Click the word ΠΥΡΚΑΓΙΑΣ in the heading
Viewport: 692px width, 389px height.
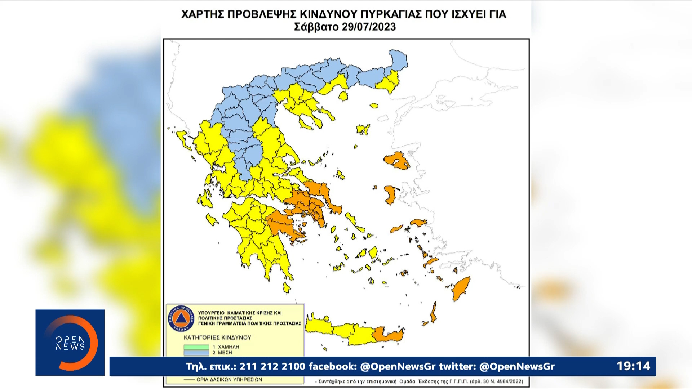click(x=391, y=14)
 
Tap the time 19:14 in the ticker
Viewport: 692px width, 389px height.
click(x=633, y=366)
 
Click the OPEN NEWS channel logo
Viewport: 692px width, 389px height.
click(x=70, y=343)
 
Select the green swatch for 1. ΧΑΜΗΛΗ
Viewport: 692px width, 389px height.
click(x=196, y=347)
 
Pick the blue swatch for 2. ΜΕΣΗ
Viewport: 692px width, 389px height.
click(x=196, y=353)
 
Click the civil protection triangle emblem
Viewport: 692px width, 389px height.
click(x=181, y=318)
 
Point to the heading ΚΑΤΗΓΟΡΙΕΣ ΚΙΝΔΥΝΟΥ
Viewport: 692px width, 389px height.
click(x=217, y=337)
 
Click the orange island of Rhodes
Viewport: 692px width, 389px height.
click(x=461, y=288)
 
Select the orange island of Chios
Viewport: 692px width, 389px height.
click(x=390, y=194)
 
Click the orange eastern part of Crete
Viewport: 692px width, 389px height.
click(x=387, y=335)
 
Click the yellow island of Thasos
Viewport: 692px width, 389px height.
click(x=343, y=96)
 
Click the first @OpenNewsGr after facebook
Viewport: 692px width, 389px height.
click(x=398, y=366)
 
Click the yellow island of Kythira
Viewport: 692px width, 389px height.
click(x=287, y=287)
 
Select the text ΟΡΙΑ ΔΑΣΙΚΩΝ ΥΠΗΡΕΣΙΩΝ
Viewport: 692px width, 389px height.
click(x=229, y=380)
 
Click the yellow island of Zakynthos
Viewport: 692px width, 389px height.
click(x=212, y=219)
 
